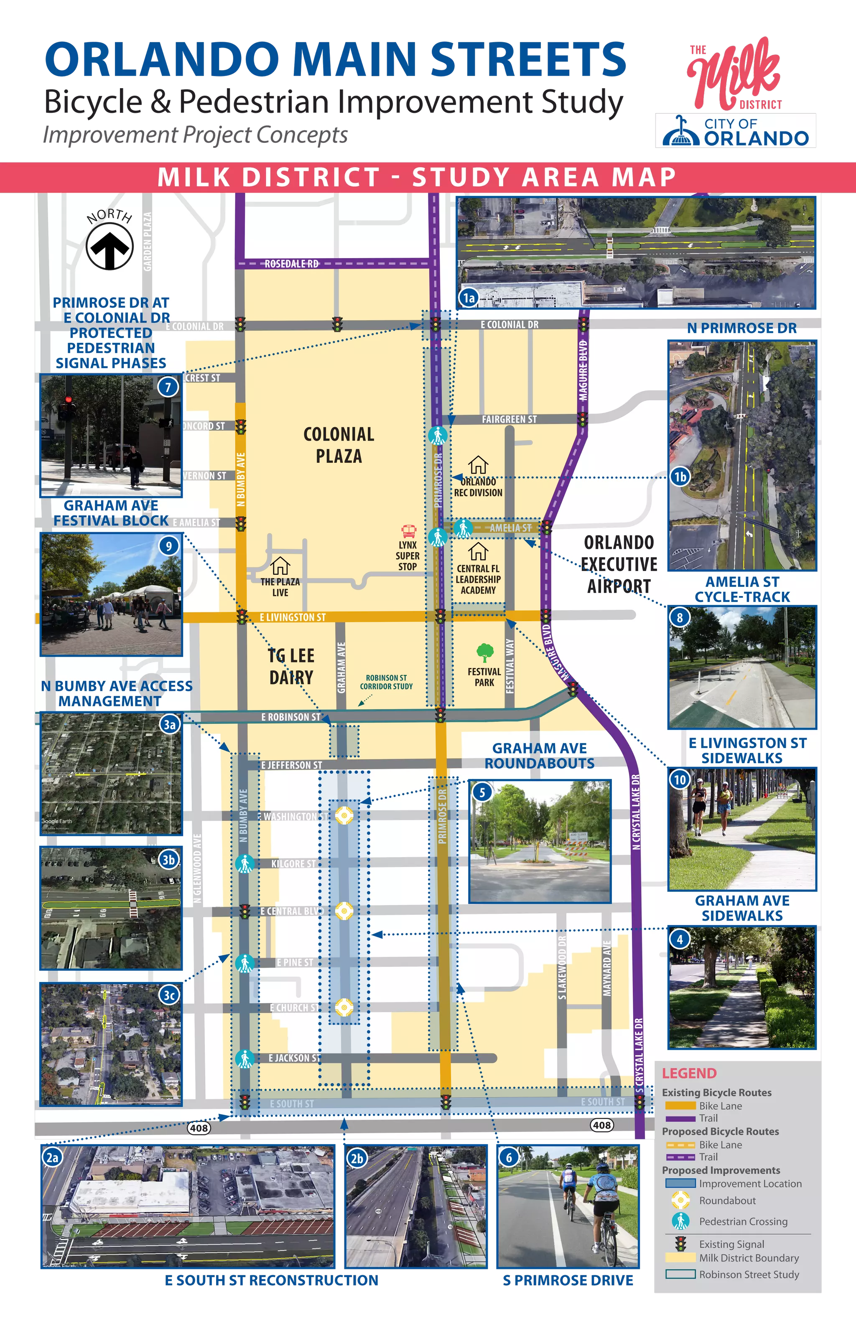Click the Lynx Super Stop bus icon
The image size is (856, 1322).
click(x=408, y=531)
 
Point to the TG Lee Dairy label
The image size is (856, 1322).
click(x=291, y=666)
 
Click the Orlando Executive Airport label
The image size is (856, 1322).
click(x=619, y=564)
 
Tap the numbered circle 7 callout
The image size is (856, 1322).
click(x=168, y=387)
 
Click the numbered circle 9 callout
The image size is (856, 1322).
click(x=169, y=546)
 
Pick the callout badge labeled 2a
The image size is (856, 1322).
click(x=52, y=1157)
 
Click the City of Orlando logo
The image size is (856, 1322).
click(x=735, y=131)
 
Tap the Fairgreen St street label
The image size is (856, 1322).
click(x=509, y=419)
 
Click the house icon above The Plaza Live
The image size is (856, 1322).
click(x=280, y=566)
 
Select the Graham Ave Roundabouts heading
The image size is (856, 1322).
click(x=539, y=756)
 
